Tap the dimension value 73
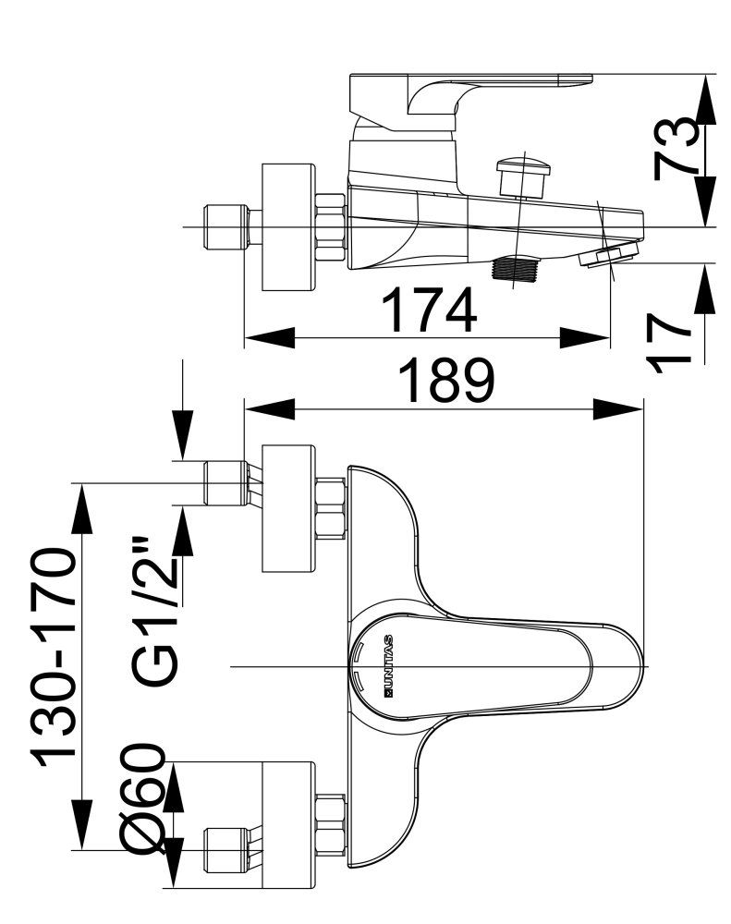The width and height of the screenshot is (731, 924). [677, 148]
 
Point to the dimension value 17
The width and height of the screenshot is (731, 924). [674, 340]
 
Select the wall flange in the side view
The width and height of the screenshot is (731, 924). [289, 227]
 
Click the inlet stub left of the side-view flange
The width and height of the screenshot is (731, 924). [225, 227]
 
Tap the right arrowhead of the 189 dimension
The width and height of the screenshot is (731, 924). [620, 408]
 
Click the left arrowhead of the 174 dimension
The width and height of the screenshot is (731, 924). [268, 338]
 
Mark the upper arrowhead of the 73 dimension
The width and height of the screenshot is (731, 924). [705, 97]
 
